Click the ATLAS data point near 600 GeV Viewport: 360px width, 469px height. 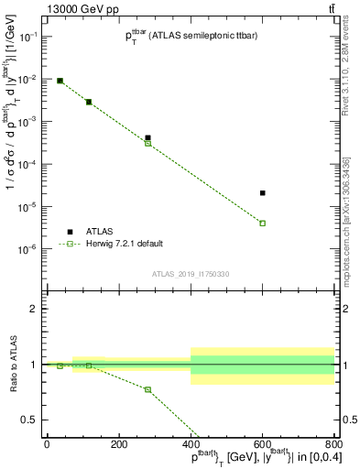pos(263,193)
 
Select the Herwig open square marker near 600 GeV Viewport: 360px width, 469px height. pos(263,224)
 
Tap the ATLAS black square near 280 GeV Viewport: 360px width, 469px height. pos(147,137)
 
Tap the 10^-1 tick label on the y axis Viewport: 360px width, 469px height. pos(29,36)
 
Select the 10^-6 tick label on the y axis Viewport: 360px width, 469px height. pos(29,249)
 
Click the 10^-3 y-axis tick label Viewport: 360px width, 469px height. pos(29,121)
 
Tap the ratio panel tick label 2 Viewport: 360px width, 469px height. pos(33,309)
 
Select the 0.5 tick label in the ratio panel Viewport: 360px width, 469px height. pos(29,420)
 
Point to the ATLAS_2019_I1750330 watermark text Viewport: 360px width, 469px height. pos(191,274)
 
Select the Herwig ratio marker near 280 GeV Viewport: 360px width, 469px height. pos(147,389)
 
